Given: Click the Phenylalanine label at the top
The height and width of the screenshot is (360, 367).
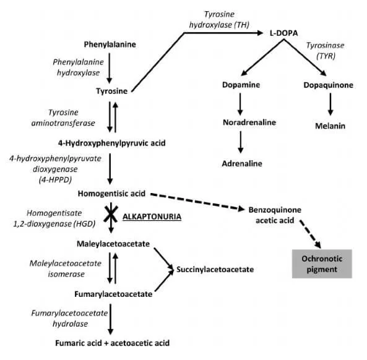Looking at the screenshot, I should (110, 45).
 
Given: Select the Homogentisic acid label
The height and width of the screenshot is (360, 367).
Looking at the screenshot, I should (110, 194).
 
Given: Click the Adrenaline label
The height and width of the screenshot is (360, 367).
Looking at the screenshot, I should (243, 163).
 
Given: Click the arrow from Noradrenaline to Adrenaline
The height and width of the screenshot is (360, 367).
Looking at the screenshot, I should (241, 144).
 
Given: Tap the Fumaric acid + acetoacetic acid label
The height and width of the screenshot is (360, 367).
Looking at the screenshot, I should (111, 342).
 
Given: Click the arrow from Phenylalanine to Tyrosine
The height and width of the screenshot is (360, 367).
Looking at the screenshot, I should (110, 67).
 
